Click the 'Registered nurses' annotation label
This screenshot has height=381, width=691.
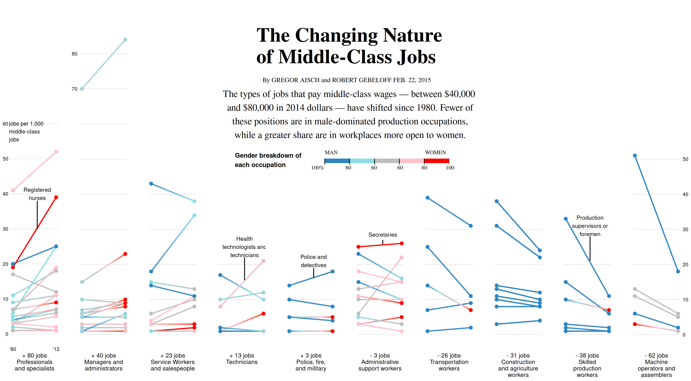(37, 194)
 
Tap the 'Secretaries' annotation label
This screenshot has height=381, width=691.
(382, 235)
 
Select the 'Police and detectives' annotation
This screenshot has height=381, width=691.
(313, 261)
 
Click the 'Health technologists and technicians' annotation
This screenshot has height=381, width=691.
(244, 247)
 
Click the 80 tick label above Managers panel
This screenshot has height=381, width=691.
(74, 54)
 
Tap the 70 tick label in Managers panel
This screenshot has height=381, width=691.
(74, 89)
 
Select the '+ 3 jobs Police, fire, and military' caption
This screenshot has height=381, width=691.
(311, 362)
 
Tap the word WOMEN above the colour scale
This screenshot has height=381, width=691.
(435, 152)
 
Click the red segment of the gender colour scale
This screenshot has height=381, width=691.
(436, 161)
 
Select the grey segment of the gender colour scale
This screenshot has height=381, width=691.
(387, 161)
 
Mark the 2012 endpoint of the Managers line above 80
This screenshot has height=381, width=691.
(125, 40)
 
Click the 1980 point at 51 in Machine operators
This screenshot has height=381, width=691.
(635, 156)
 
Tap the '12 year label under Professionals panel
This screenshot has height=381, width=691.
(56, 349)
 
